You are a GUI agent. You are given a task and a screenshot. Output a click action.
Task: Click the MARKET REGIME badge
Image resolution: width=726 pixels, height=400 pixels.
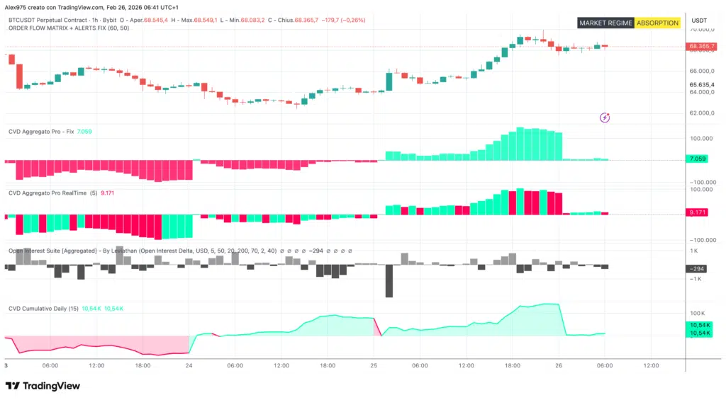click(x=605, y=23)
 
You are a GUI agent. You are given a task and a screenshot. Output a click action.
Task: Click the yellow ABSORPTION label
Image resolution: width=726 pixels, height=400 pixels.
click(x=657, y=23)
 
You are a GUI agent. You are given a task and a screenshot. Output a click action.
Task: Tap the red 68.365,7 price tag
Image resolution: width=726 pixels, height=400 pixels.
click(x=700, y=47)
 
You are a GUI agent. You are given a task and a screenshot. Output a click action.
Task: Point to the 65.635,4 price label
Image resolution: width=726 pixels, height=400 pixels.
click(x=700, y=84)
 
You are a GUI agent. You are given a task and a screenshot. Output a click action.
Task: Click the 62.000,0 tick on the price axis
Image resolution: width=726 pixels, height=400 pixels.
click(x=700, y=113)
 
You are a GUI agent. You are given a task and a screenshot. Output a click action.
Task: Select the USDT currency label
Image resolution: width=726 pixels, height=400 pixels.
click(x=699, y=21)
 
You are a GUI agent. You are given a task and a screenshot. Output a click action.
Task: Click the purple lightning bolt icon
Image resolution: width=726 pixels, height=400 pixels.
click(x=605, y=118)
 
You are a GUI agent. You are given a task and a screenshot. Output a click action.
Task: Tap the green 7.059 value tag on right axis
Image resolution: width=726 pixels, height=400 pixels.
click(x=700, y=159)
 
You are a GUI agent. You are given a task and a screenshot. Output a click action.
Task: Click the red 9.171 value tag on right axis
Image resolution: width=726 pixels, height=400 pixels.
click(x=700, y=212)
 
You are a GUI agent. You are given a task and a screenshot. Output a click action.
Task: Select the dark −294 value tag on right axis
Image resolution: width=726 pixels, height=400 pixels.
click(x=700, y=269)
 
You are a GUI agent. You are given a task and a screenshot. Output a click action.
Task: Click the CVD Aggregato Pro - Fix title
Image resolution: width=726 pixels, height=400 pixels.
click(x=41, y=132)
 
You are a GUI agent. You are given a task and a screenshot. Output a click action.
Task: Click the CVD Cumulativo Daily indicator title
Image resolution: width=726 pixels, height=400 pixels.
click(x=43, y=309)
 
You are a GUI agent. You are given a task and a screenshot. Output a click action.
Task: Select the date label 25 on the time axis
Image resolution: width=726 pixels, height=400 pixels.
click(x=374, y=366)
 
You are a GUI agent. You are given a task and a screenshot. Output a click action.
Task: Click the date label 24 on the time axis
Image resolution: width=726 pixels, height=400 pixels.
click(x=189, y=366)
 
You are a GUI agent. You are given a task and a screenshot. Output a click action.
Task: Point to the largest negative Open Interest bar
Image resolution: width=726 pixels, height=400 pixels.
click(x=389, y=281)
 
